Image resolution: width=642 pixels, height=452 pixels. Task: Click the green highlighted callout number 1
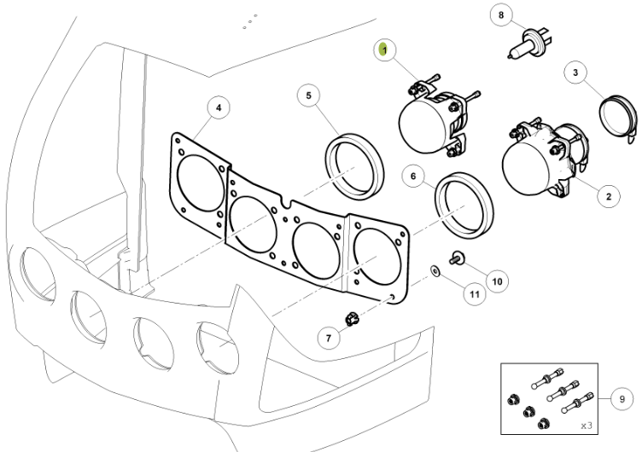click(x=384, y=50)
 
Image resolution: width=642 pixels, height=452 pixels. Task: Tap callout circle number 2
click(x=609, y=196)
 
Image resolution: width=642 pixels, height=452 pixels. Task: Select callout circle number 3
click(x=575, y=72)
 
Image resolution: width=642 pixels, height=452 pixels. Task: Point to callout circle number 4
click(x=219, y=107)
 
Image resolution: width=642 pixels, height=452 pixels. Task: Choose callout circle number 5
click(x=309, y=96)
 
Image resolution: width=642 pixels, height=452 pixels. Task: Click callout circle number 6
click(x=413, y=176)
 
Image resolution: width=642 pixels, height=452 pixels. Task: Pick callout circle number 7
click(x=329, y=338)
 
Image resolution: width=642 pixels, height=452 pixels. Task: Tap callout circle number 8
click(x=501, y=15)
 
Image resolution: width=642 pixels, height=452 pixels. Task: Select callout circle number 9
click(x=622, y=399)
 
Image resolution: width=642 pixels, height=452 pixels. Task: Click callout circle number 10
click(x=497, y=281)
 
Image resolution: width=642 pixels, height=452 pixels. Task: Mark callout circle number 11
click(x=475, y=294)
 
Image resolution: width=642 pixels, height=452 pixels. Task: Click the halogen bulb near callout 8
click(x=530, y=43)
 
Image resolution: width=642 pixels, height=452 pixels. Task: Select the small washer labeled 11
click(x=435, y=270)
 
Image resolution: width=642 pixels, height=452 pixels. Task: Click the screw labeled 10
click(x=457, y=258)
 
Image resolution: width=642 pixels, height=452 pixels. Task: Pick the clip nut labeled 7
click(x=351, y=318)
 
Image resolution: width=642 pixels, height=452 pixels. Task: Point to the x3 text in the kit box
click(x=587, y=426)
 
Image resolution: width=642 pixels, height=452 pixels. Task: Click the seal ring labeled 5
click(x=355, y=166)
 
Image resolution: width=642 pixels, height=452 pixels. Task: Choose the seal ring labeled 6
click(x=464, y=206)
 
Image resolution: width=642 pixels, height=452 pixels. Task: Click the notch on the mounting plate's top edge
click(x=286, y=201)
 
